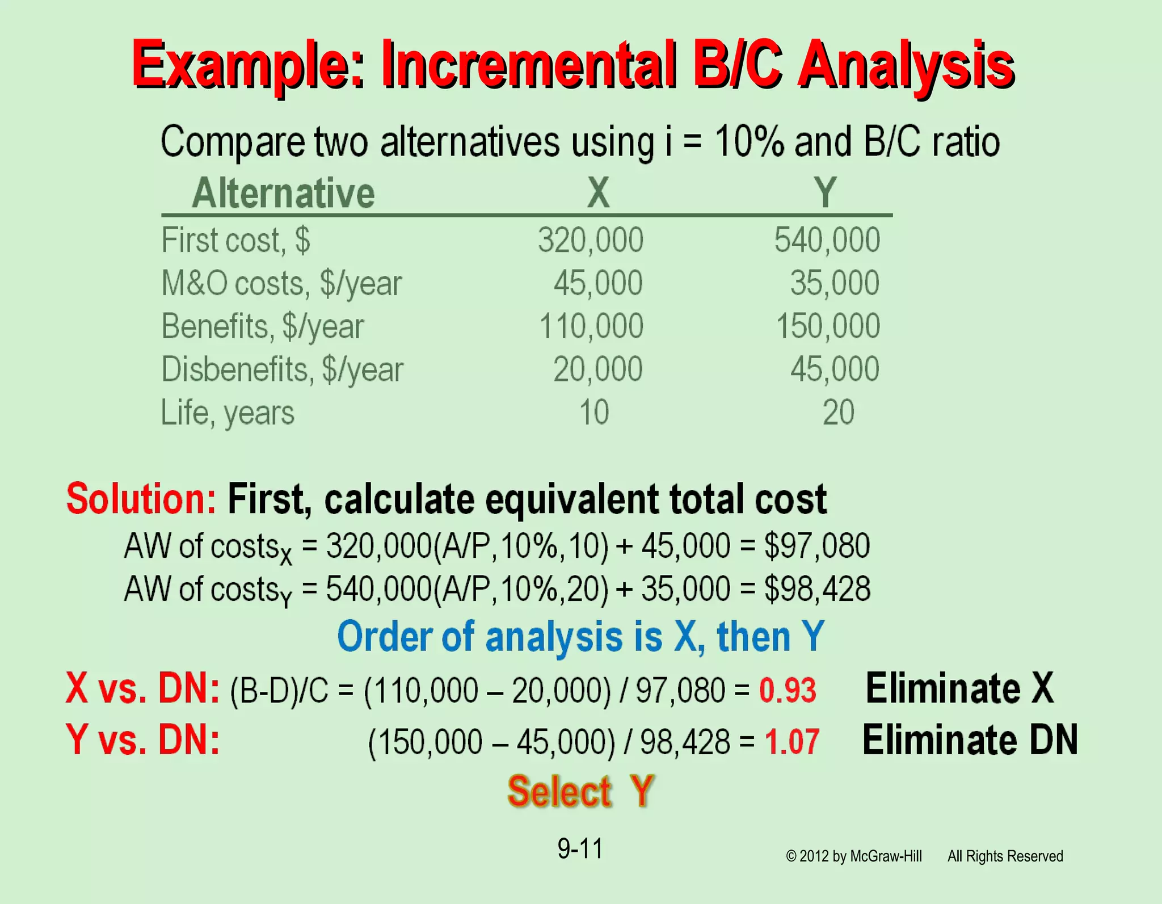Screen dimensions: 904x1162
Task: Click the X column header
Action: [x=599, y=193]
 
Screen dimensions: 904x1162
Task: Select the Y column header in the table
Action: [x=826, y=193]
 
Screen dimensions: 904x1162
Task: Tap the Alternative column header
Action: [x=283, y=194]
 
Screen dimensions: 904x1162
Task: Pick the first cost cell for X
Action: [x=591, y=240]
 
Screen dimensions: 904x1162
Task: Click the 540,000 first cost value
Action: [x=827, y=240]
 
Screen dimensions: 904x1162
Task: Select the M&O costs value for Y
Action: [x=835, y=283]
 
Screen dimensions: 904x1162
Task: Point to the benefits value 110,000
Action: [x=591, y=326]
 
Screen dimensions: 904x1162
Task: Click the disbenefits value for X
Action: [x=598, y=369]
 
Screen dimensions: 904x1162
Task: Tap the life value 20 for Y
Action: [x=838, y=413]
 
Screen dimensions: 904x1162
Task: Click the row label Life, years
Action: [x=228, y=413]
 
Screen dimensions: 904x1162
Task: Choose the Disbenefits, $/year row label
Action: [x=282, y=370]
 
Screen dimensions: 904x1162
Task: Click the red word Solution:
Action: [x=141, y=499]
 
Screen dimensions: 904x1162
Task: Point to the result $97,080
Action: [x=816, y=546]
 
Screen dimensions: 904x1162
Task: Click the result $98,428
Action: [x=817, y=589]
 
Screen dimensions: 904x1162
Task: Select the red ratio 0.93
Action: [x=788, y=690]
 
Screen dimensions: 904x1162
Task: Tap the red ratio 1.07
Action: [x=791, y=741]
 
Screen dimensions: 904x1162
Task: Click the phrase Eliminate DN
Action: [x=970, y=740]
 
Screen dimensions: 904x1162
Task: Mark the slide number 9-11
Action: [x=580, y=848]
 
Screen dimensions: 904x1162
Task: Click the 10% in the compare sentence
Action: [x=749, y=142]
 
